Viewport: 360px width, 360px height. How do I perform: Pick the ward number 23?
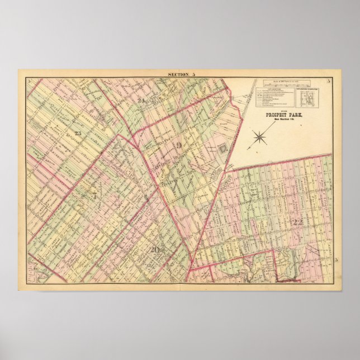[77, 132]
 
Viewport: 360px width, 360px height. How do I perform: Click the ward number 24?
[142, 101]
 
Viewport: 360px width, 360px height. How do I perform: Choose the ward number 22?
[297, 222]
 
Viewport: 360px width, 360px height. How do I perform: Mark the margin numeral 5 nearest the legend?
[329, 82]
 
